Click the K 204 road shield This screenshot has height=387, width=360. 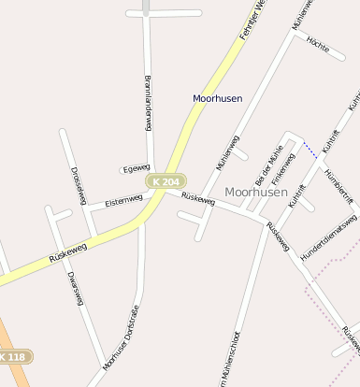(166, 180)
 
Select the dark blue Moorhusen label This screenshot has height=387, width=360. (217, 98)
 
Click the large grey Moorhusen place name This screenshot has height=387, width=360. (256, 192)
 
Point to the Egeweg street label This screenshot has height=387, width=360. (136, 168)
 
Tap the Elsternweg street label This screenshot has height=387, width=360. (123, 201)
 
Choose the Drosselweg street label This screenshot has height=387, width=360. (79, 185)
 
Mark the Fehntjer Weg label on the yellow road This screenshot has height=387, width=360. (252, 19)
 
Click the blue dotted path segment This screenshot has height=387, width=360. (310, 148)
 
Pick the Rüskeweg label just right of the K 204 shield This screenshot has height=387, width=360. (198, 198)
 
